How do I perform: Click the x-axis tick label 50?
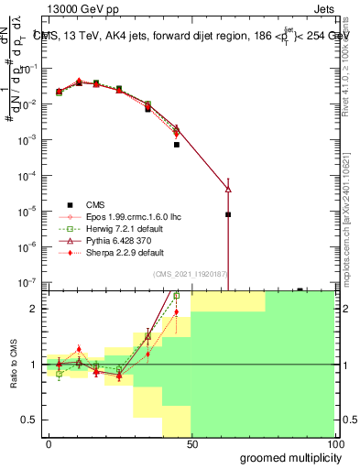[191, 443]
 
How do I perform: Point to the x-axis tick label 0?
[49, 443]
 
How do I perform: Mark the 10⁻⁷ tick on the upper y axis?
[29, 282]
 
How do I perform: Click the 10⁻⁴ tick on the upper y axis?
[29, 175]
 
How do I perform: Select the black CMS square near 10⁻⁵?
[228, 214]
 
